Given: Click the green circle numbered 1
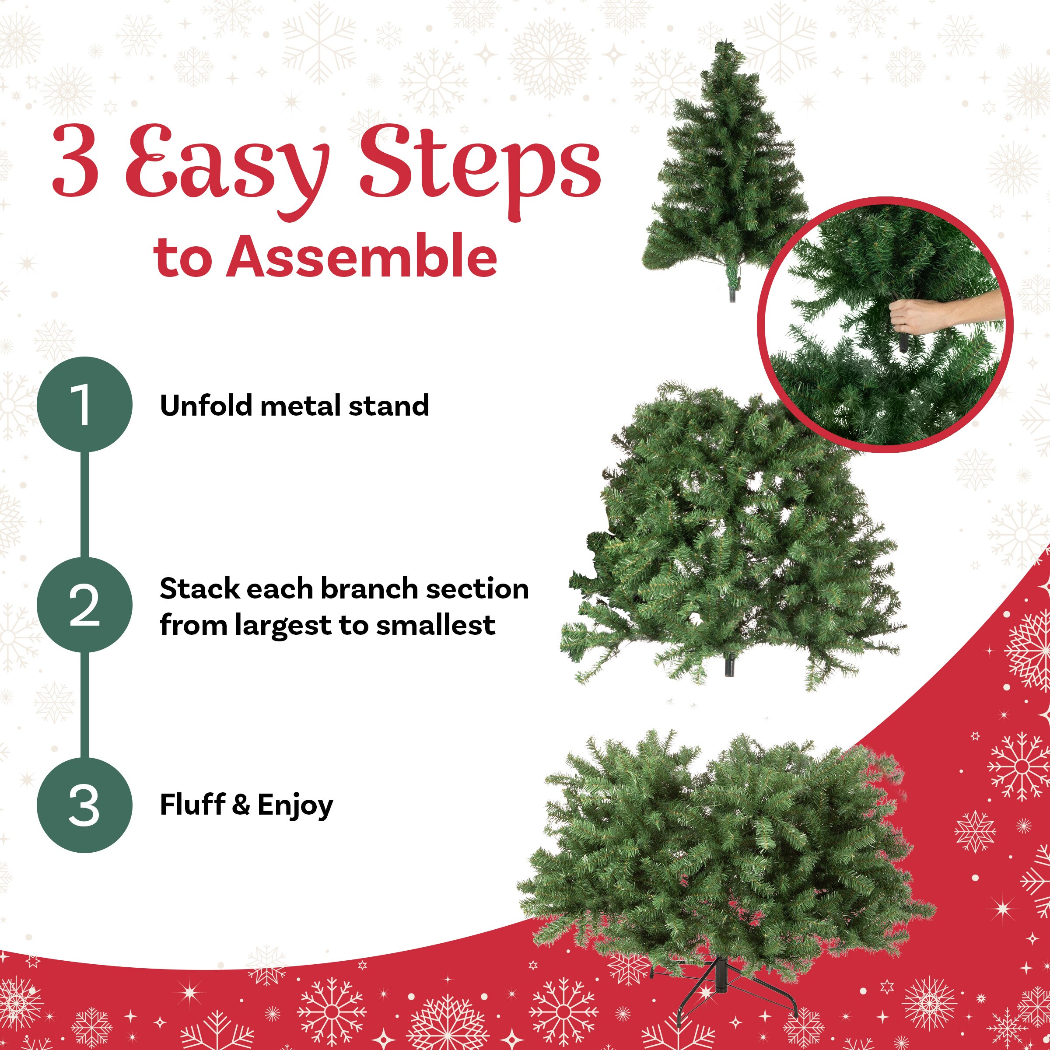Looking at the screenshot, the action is [84, 404].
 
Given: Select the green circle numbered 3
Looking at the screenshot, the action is [84, 805].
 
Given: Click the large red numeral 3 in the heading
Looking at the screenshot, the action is [76, 161].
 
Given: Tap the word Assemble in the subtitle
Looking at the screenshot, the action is [361, 256].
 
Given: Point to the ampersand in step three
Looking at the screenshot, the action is [241, 805].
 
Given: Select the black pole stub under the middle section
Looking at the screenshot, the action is [729, 666].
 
